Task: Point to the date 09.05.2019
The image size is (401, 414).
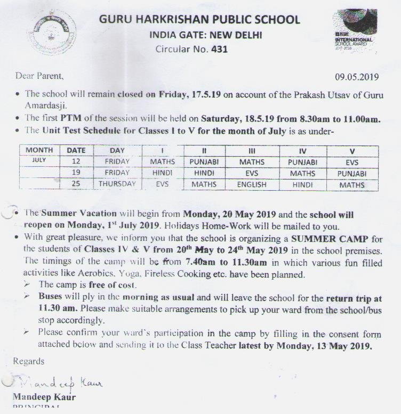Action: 357,76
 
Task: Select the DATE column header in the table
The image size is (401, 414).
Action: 76,151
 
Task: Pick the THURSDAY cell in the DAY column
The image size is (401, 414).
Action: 117,184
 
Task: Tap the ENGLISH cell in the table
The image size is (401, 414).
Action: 252,185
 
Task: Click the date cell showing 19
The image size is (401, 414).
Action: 76,173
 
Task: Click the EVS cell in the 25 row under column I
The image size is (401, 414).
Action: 162,184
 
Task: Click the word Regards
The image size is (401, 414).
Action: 29,361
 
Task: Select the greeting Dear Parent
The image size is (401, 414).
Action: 39,76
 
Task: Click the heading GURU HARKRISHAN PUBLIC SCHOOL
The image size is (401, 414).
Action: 199,20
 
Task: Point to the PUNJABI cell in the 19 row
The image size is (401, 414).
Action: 352,173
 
